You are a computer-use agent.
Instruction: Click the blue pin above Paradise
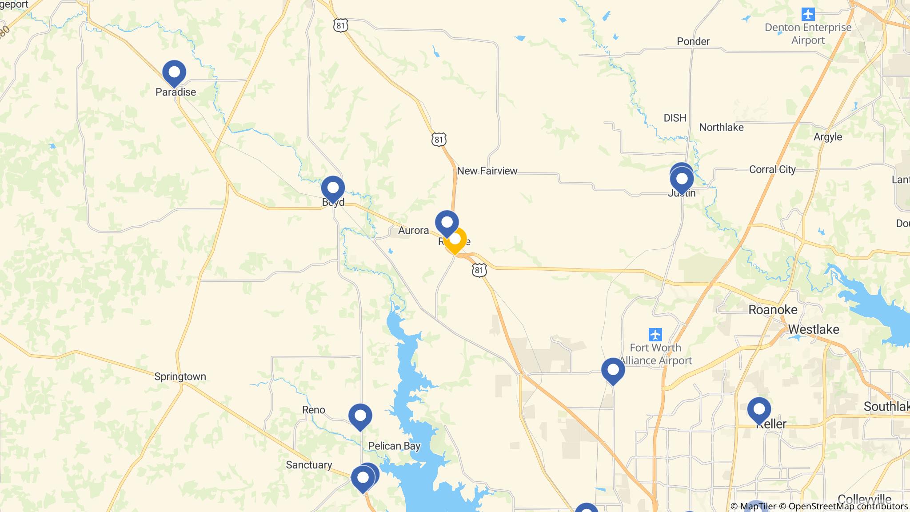tap(174, 72)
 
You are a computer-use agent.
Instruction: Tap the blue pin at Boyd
tap(333, 188)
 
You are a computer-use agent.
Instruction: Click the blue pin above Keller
tap(759, 409)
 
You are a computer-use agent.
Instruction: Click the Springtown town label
tap(180, 376)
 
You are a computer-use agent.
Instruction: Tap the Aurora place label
tap(413, 230)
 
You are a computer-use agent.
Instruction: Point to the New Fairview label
tap(487, 171)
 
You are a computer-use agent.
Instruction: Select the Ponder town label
tap(693, 41)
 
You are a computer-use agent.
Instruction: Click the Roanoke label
tap(773, 310)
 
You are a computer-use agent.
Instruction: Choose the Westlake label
tap(814, 329)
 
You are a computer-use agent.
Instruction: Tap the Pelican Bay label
tap(394, 446)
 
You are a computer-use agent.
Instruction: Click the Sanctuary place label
tap(309, 465)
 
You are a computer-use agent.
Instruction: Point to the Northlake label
tap(721, 128)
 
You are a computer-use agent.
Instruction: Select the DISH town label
tap(675, 118)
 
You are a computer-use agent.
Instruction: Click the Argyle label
tap(827, 137)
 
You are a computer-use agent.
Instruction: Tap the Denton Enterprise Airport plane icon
tap(808, 14)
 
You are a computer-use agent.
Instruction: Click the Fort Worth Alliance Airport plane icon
tap(655, 334)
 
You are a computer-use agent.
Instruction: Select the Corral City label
tap(772, 169)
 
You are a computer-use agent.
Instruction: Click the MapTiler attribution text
tap(754, 506)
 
